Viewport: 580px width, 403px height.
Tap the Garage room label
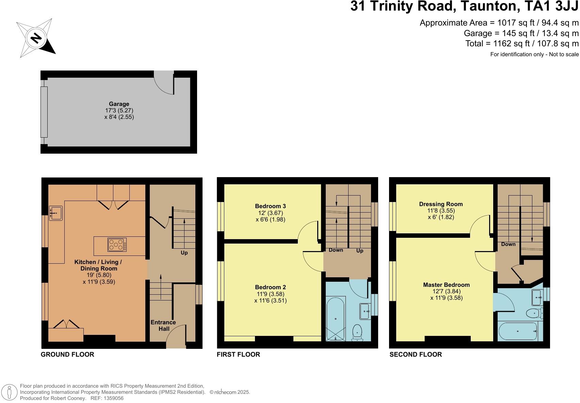(119, 104)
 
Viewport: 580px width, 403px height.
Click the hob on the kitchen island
(117, 245)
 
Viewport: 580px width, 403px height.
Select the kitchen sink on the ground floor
(55, 213)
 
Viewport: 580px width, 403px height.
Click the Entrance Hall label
(163, 325)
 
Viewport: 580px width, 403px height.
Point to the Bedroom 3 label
(270, 206)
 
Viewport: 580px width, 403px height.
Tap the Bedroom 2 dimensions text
(270, 297)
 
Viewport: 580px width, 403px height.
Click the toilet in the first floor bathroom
(357, 332)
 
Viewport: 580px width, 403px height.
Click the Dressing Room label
(441, 204)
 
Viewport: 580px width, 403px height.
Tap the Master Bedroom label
(446, 285)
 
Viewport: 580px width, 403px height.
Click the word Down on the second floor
(508, 244)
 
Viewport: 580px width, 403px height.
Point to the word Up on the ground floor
(184, 253)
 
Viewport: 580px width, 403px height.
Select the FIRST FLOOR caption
(238, 354)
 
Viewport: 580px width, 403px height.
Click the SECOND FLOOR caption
(416, 354)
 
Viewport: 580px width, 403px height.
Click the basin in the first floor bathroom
(366, 311)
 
